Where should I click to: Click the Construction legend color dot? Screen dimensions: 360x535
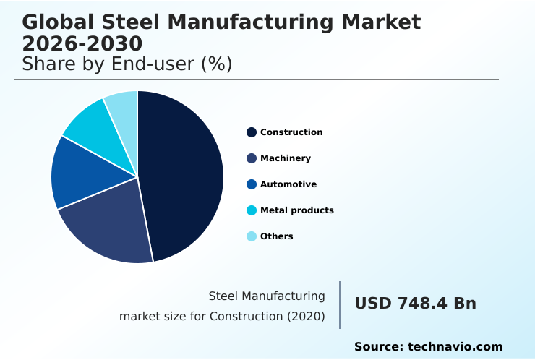click(x=252, y=132)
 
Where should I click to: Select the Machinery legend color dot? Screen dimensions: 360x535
click(x=252, y=158)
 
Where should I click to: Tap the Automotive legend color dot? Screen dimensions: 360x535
click(x=252, y=184)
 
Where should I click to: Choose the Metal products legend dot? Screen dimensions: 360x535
click(x=252, y=210)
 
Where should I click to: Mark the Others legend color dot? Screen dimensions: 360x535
click(x=252, y=236)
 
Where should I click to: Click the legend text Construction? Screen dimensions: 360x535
click(x=291, y=132)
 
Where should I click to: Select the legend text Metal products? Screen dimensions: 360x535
click(x=297, y=210)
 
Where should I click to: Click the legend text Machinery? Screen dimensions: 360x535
click(x=286, y=158)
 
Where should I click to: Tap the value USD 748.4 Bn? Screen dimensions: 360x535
click(x=415, y=304)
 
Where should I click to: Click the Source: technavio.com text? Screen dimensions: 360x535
click(x=428, y=347)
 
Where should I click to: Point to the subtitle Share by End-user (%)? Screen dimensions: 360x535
click(x=127, y=64)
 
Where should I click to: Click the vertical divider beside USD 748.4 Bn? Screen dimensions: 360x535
click(x=340, y=305)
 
